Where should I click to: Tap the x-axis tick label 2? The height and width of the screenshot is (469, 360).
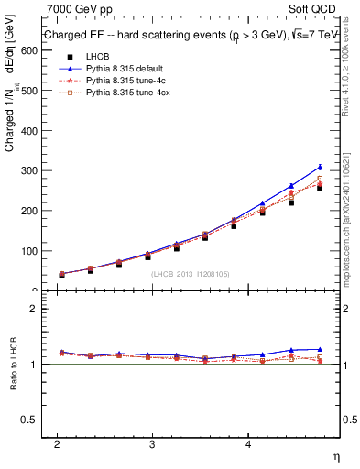(57, 443)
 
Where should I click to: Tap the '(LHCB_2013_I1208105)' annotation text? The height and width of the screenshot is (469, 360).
(191, 273)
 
